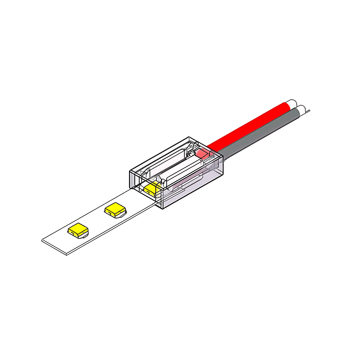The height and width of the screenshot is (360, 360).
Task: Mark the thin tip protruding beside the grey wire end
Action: pyautogui.click(x=308, y=112)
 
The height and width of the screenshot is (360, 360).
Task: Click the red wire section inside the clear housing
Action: pyautogui.click(x=202, y=154)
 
